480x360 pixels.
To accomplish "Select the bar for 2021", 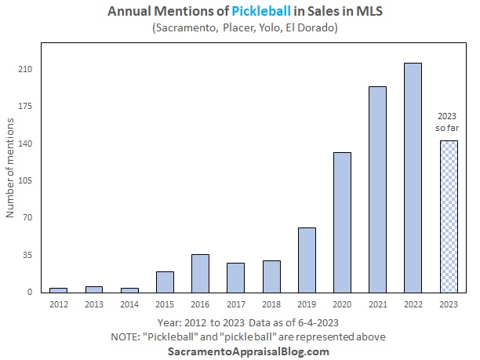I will pyautogui.click(x=377, y=189).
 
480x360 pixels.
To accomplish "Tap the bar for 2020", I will pyautogui.click(x=342, y=222).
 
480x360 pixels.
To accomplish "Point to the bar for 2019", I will pyautogui.click(x=307, y=260).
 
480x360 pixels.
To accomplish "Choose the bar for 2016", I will pyautogui.click(x=200, y=273).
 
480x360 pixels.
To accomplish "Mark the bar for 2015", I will pyautogui.click(x=165, y=282).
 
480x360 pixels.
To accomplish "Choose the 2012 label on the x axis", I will pyautogui.click(x=58, y=304).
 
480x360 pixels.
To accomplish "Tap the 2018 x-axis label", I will pyautogui.click(x=271, y=304).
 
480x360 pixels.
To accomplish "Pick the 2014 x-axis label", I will pyautogui.click(x=129, y=304).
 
